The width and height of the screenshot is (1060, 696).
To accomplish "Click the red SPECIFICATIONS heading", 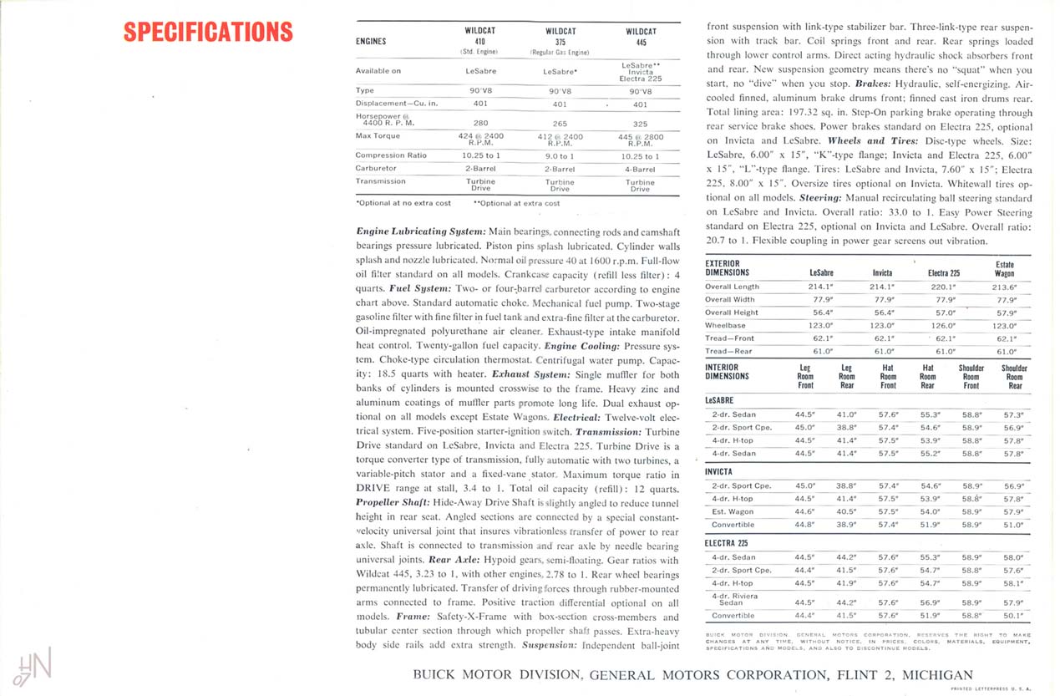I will [208, 33].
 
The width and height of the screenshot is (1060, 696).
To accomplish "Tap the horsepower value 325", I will [640, 124].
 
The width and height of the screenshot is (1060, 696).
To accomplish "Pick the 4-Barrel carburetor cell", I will [640, 169].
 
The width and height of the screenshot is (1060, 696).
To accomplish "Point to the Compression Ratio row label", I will [391, 155].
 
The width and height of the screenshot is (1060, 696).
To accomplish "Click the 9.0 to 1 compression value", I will [560, 156].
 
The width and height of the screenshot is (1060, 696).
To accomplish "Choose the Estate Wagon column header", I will [1005, 268].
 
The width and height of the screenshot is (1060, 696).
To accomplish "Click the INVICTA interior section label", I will [720, 471].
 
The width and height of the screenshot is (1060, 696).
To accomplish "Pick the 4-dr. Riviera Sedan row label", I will [732, 599].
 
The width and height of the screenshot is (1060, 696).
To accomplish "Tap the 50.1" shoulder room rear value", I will [1014, 616].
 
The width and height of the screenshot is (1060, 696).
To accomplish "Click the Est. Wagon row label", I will [733, 511].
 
